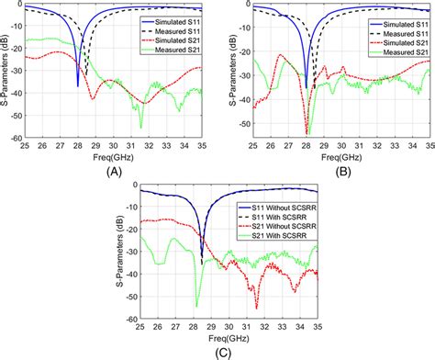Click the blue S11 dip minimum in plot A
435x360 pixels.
click(x=78, y=86)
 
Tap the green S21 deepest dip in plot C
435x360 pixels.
click(x=196, y=306)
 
